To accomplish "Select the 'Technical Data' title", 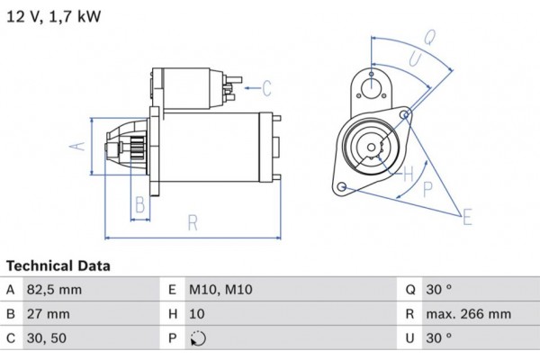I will coord(58,266).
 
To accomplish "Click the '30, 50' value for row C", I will coord(48,339).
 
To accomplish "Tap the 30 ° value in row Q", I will coord(440,290).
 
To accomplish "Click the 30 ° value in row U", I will coord(440,339).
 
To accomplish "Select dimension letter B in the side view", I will coord(139,204).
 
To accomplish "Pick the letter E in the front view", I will coord(466,217).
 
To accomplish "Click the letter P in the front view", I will coord(428,188).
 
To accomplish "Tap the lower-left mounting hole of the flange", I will coord(342,186).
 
